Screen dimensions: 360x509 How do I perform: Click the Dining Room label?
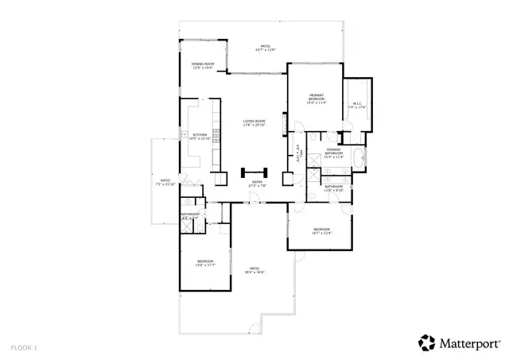pyautogui.click(x=203, y=66)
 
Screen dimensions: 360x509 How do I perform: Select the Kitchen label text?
pyautogui.click(x=200, y=136)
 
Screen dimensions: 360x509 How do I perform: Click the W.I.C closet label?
pyautogui.click(x=357, y=105)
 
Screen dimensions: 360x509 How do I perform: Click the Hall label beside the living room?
pyautogui.click(x=300, y=151)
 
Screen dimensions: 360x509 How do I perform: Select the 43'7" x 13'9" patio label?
pyautogui.click(x=265, y=48)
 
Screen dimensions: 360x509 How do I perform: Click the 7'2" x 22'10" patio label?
pyautogui.click(x=165, y=182)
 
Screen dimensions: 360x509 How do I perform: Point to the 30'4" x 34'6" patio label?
pyautogui.click(x=254, y=270)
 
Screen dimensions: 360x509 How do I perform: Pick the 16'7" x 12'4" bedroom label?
pyautogui.click(x=321, y=231)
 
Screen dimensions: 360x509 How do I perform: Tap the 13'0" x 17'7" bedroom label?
pyautogui.click(x=205, y=263)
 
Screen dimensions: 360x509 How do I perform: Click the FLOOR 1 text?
pyautogui.click(x=24, y=347)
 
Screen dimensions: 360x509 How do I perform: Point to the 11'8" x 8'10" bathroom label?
pyautogui.click(x=333, y=189)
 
